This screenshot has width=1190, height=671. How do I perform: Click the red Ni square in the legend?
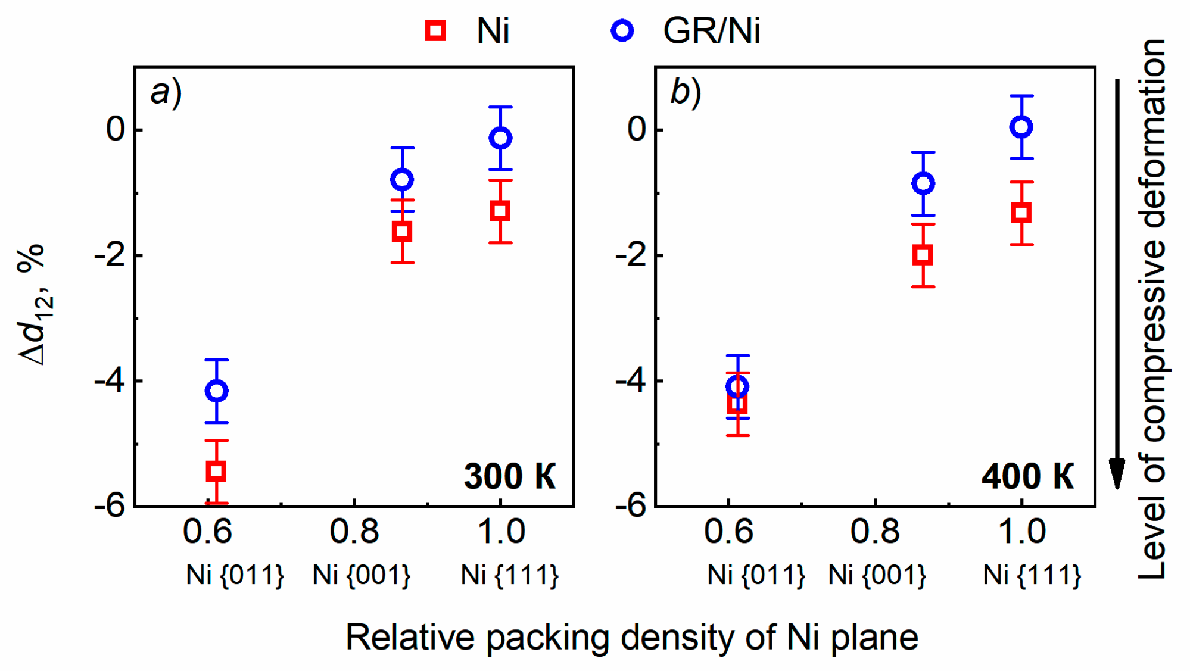pyautogui.click(x=435, y=30)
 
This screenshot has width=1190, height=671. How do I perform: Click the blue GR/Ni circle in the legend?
pyautogui.click(x=622, y=30)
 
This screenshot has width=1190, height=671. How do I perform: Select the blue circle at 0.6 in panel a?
pyautogui.click(x=217, y=391)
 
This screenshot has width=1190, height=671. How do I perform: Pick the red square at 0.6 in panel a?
pyautogui.click(x=216, y=472)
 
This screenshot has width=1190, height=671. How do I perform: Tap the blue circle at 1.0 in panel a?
pyautogui.click(x=500, y=138)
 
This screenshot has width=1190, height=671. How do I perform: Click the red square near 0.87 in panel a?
pyautogui.click(x=403, y=232)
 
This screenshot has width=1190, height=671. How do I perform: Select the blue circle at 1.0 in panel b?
pyautogui.click(x=1021, y=127)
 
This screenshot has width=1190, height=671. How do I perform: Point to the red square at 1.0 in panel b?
pyautogui.click(x=1021, y=213)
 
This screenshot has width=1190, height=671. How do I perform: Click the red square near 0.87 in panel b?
pyautogui.click(x=923, y=255)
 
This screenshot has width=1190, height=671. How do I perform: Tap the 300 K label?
pyautogui.click(x=510, y=476)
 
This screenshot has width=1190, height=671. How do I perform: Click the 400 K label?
pyautogui.click(x=1028, y=476)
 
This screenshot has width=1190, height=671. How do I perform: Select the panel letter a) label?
pyautogui.click(x=166, y=93)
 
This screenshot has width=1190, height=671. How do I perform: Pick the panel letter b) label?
pyautogui.click(x=686, y=93)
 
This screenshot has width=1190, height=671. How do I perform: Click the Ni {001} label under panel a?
pyautogui.click(x=362, y=575)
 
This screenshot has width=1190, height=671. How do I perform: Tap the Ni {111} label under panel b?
pyautogui.click(x=1032, y=575)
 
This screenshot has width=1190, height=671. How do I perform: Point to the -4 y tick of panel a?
pyautogui.click(x=110, y=381)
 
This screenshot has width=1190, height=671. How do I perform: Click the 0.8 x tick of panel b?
pyautogui.click(x=874, y=531)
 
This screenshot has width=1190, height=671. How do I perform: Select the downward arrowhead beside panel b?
pyautogui.click(x=1117, y=473)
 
